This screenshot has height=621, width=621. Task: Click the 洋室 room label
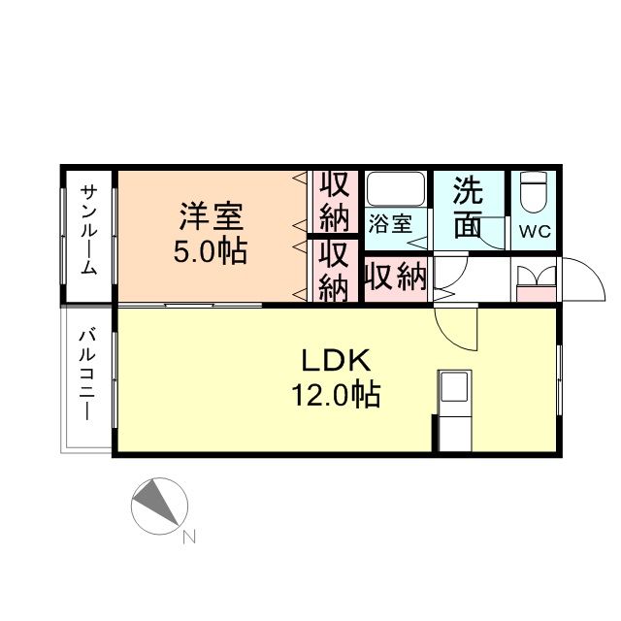pos(210,216)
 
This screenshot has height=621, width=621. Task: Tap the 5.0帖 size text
pos(210,252)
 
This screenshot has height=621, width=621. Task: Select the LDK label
pos(335,361)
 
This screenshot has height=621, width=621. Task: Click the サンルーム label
pos(88,229)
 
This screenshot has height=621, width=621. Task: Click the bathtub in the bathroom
pos(395,188)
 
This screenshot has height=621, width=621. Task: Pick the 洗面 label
pos(468,206)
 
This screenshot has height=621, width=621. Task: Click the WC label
pos(533,233)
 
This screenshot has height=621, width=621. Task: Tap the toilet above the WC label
pos(533,194)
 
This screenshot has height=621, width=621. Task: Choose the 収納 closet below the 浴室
pos(396,278)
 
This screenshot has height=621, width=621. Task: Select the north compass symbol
pos(157,506)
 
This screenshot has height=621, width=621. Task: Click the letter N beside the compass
pos(189,535)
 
